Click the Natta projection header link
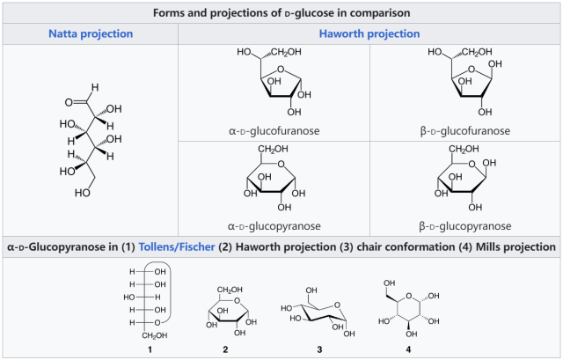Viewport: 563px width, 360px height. [x=89, y=33]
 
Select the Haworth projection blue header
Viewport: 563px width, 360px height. [x=369, y=33]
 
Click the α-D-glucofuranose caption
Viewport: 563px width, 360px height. [x=274, y=131]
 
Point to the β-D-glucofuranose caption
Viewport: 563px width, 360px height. [x=465, y=131]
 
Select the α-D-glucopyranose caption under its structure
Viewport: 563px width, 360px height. [x=274, y=226]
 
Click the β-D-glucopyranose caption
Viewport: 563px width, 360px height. [x=465, y=226]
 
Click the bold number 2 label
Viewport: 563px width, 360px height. [x=225, y=350]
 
